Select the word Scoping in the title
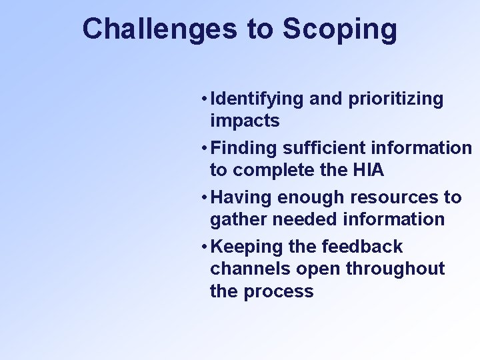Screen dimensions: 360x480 pyautogui.click(x=340, y=30)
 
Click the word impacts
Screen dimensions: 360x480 pyautogui.click(x=245, y=121)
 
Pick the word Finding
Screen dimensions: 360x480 pyautogui.click(x=243, y=148)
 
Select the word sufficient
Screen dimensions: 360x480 pyautogui.click(x=325, y=148)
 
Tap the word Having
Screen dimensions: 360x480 pyautogui.click(x=241, y=198)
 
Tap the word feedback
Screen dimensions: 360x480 pyautogui.click(x=361, y=247)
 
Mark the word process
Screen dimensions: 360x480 pyautogui.click(x=279, y=292)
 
